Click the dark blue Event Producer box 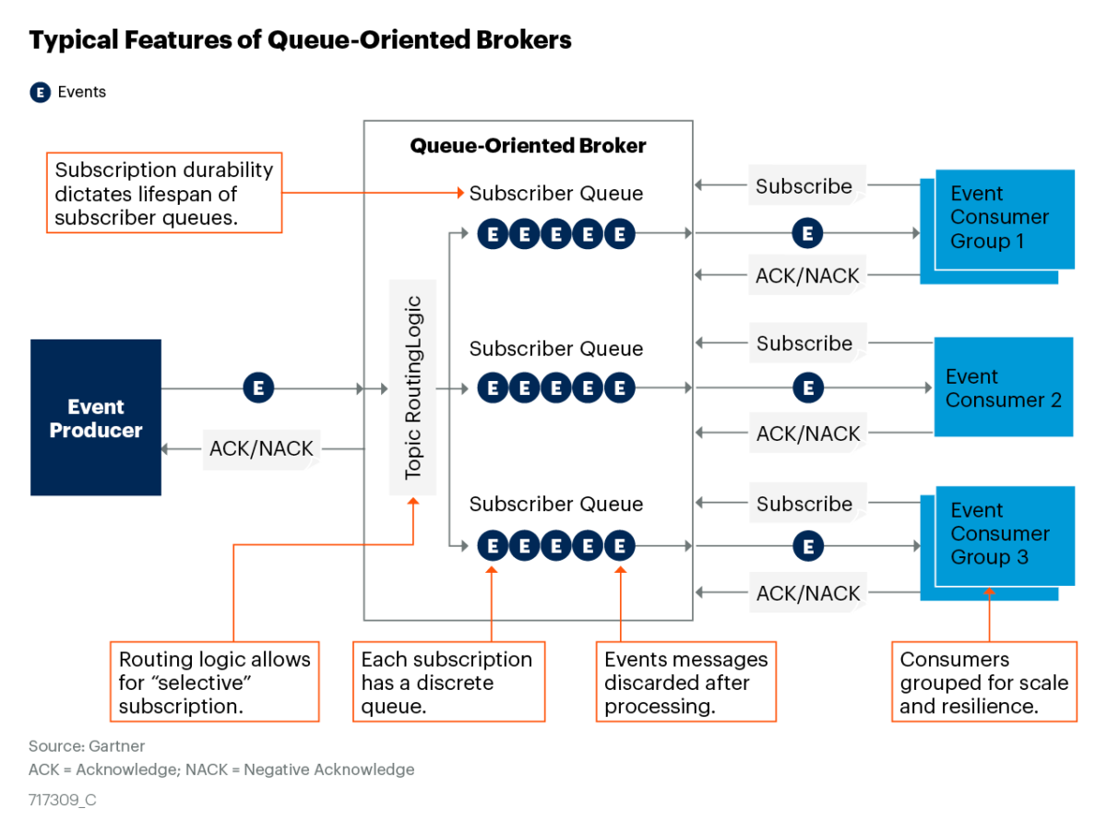[x=96, y=418]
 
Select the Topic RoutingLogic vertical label [x=412, y=387]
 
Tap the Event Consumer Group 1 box [x=1004, y=219]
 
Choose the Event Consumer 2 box [x=1004, y=387]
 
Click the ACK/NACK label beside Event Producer [x=262, y=449]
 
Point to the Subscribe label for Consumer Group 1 [x=804, y=186]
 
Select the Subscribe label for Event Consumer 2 [x=805, y=343]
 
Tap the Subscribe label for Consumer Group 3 [x=805, y=504]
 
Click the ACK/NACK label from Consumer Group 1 [x=807, y=275]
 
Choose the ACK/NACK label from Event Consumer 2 [x=808, y=434]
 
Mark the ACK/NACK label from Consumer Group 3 [x=808, y=594]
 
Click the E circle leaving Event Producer [x=258, y=389]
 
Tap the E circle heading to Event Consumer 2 [x=808, y=388]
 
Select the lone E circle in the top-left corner [x=40, y=92]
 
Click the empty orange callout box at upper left [x=163, y=192]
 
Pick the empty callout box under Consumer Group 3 [x=983, y=681]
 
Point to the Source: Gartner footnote [x=87, y=746]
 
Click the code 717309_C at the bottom [x=63, y=800]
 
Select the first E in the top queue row [x=493, y=234]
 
